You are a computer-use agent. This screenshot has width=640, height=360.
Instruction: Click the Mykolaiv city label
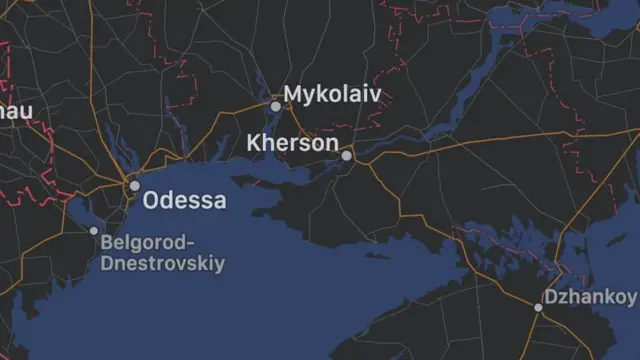click(x=333, y=94)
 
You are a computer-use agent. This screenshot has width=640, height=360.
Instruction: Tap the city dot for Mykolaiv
click(x=276, y=105)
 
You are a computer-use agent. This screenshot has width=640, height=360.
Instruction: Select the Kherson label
click(x=293, y=143)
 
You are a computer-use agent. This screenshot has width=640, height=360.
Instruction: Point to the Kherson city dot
click(x=346, y=155)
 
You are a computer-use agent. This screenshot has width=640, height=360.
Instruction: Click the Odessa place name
click(x=185, y=200)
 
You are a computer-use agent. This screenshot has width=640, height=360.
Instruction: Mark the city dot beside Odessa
click(x=133, y=185)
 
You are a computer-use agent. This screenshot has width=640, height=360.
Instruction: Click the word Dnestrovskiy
click(x=162, y=264)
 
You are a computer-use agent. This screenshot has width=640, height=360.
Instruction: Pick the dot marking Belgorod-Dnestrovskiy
click(x=94, y=231)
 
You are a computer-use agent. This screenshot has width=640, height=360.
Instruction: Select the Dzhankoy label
click(x=590, y=297)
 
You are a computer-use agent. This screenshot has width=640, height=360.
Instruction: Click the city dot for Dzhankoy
click(x=538, y=307)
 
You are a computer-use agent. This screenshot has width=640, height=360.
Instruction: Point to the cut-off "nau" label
click(x=14, y=111)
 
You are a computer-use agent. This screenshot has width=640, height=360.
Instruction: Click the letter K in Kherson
click(x=254, y=143)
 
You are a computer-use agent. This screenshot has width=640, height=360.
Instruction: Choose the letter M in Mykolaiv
click(x=295, y=94)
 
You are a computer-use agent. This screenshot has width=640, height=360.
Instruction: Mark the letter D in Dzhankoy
click(x=550, y=297)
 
